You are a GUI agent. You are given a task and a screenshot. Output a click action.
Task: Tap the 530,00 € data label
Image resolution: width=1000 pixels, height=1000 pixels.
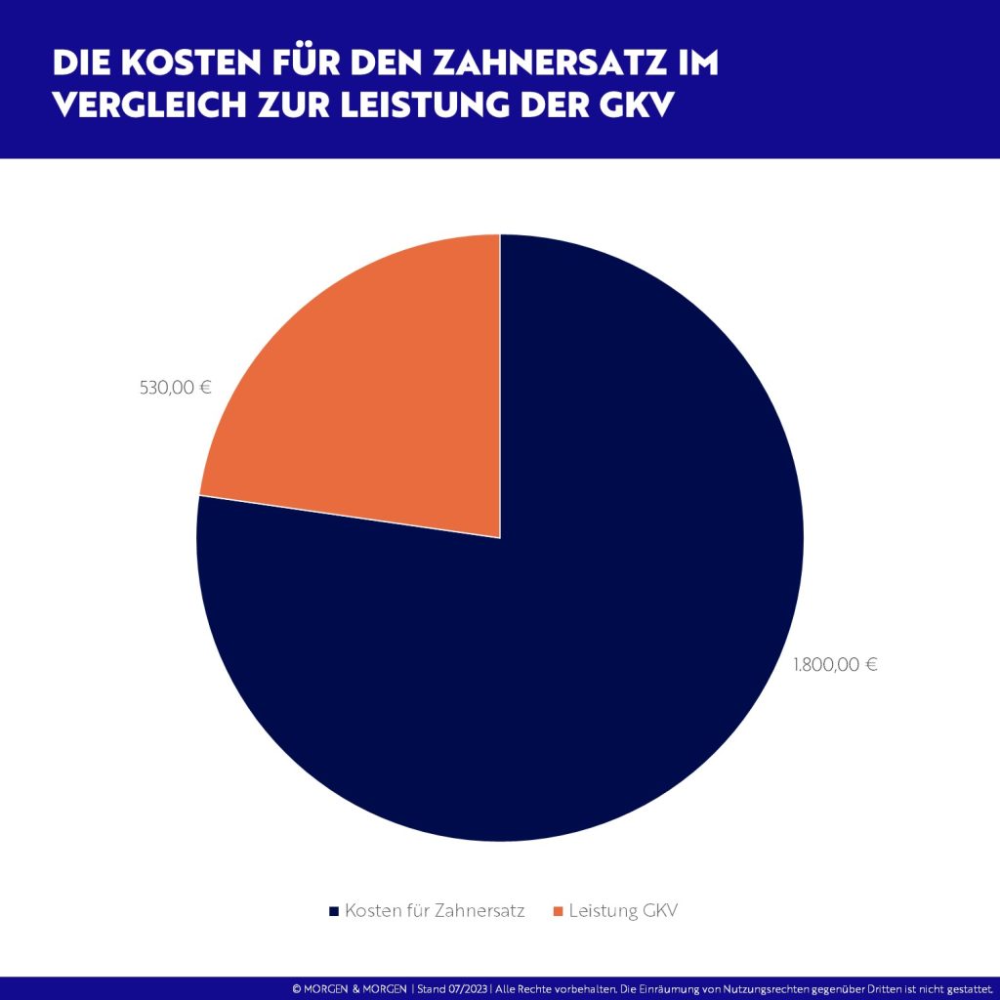pyautogui.click(x=176, y=387)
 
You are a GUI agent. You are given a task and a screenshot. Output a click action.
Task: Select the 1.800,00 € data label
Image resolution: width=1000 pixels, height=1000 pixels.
pyautogui.click(x=835, y=665)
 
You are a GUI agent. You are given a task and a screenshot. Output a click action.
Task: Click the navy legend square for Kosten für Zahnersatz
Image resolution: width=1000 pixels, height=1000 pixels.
pyautogui.click(x=333, y=911)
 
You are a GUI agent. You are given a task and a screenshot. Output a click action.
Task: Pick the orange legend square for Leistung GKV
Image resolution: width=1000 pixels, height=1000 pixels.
pyautogui.click(x=558, y=911)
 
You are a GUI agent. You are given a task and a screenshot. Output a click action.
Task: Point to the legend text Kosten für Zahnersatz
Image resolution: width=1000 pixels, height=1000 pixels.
pyautogui.click(x=435, y=911)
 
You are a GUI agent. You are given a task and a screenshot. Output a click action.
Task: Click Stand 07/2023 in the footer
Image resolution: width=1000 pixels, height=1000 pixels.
pyautogui.click(x=453, y=989)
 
